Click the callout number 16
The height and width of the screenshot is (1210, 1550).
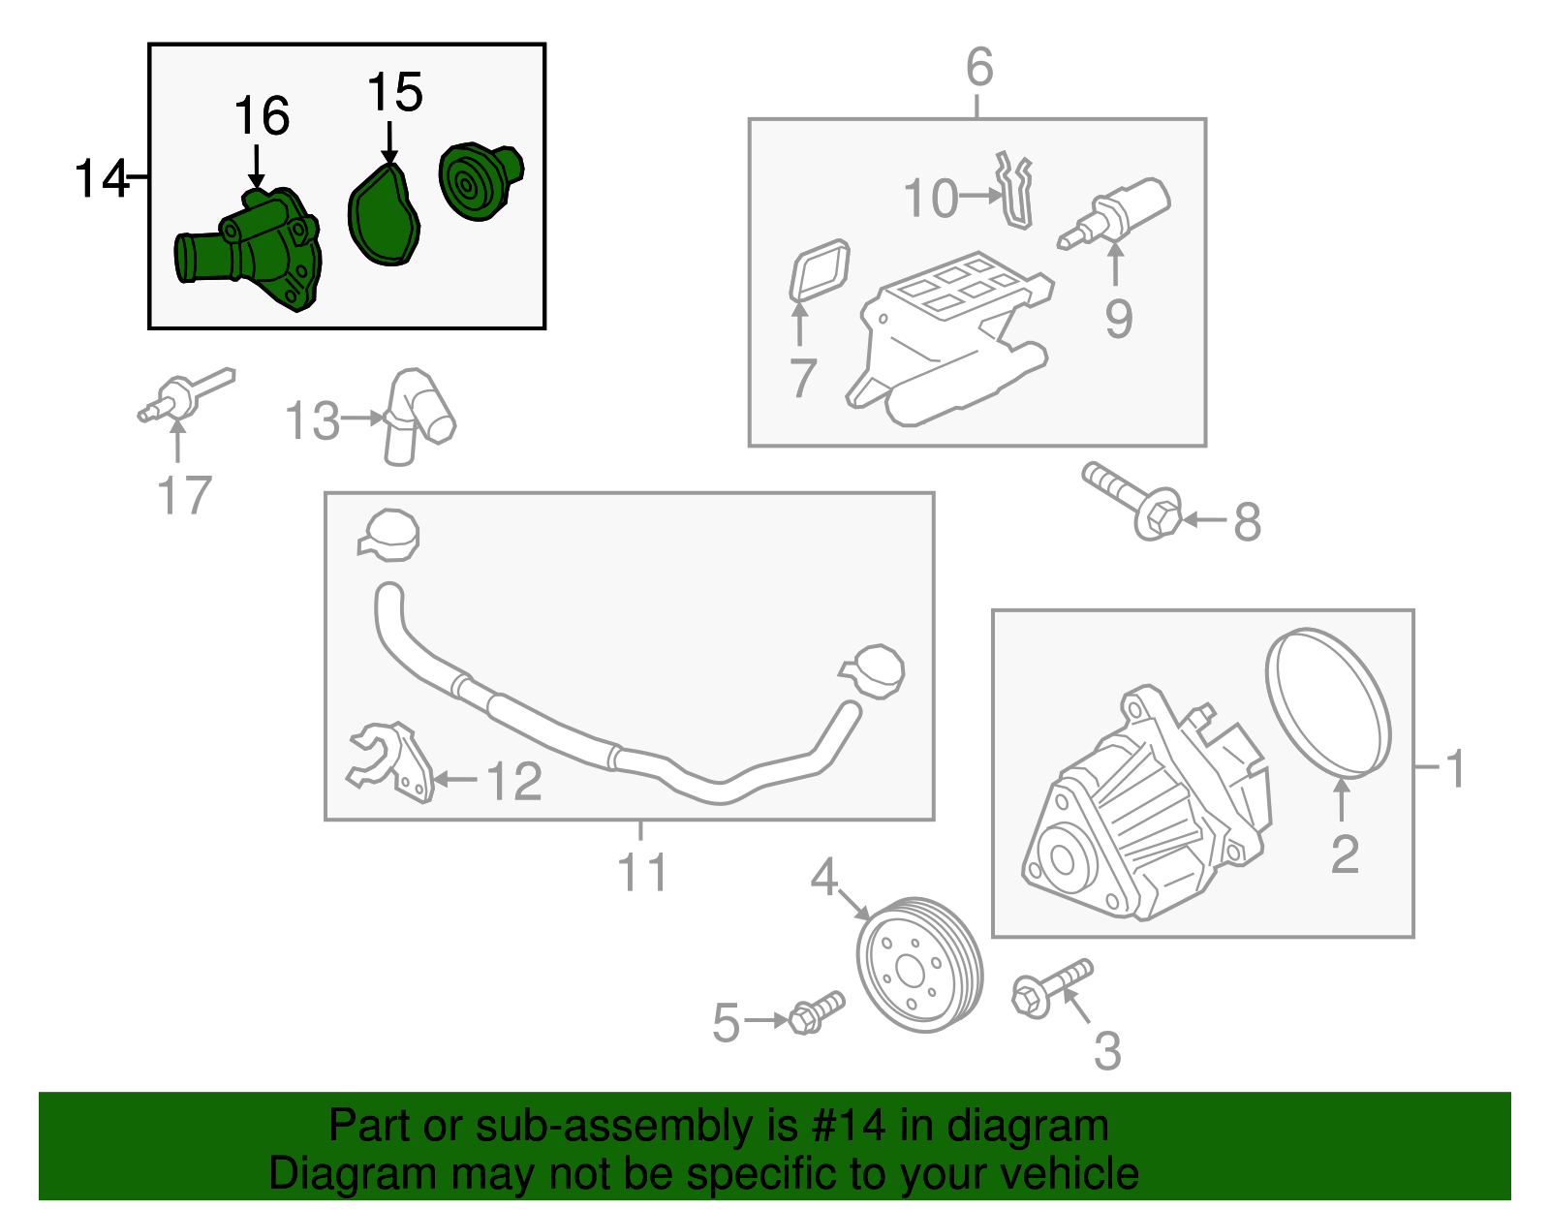click(x=262, y=116)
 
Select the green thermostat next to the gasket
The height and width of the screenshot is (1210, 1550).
click(x=479, y=181)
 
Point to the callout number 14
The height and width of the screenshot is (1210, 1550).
click(x=101, y=179)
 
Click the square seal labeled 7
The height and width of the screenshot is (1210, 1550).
click(x=820, y=270)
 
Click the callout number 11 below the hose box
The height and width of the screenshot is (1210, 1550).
click(x=641, y=872)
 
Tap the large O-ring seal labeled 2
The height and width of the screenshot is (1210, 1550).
click(x=1329, y=702)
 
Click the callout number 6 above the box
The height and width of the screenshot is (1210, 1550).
click(x=979, y=67)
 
